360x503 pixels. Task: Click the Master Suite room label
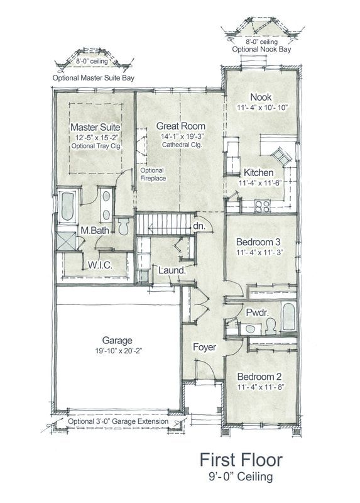click(95, 127)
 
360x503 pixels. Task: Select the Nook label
click(261, 97)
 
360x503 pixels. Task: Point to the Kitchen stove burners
click(263, 206)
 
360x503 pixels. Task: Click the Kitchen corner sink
click(282, 156)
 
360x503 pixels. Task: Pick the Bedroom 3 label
click(258, 241)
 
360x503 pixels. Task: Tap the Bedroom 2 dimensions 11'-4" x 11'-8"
click(259, 387)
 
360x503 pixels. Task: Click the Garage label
click(117, 341)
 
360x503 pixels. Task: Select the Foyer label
click(204, 347)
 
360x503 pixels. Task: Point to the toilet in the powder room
click(271, 326)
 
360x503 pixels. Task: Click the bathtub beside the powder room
click(288, 317)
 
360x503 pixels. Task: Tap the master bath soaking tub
click(67, 206)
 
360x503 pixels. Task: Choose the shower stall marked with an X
click(67, 241)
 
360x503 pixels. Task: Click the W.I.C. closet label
click(100, 265)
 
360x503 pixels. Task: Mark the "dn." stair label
click(199, 226)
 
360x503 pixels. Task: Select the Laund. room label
click(172, 270)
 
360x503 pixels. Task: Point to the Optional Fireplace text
click(153, 174)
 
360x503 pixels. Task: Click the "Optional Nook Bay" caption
click(261, 50)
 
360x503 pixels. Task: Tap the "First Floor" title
click(241, 460)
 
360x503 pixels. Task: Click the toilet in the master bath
click(123, 226)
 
